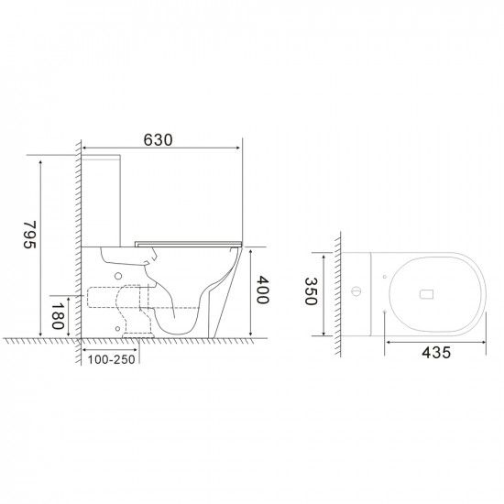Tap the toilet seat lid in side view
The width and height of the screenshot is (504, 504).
188,242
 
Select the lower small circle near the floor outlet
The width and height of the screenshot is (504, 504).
118,325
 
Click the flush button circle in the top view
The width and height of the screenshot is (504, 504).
356,292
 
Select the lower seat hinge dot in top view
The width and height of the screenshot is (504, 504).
381,310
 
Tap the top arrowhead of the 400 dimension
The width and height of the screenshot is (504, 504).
248,250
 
